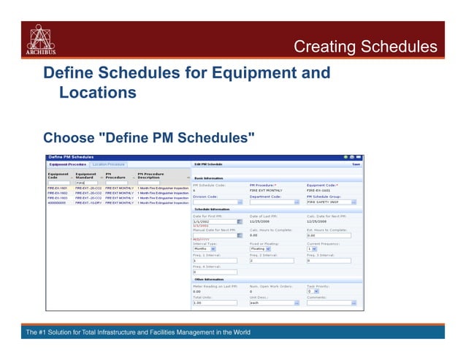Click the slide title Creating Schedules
click(365, 47)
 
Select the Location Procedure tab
click(108, 164)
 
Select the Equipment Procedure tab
click(67, 164)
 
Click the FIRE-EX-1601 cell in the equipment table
click(58, 188)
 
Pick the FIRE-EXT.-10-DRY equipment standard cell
click(88, 202)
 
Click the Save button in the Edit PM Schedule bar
click(356, 164)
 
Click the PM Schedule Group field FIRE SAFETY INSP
click(331, 202)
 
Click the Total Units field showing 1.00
click(214, 302)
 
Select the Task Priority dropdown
click(313, 291)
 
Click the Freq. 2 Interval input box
click(272, 260)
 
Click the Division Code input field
click(214, 202)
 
